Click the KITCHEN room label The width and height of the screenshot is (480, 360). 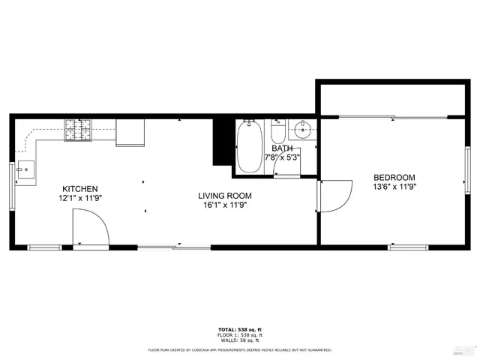tap(79, 188)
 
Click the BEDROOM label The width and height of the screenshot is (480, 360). tap(394, 178)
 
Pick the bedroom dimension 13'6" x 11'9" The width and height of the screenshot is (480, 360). tap(394, 187)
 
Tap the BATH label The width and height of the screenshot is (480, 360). tap(282, 148)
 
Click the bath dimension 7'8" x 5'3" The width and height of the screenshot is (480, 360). tap(282, 157)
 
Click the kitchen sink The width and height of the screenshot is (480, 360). tap(25, 169)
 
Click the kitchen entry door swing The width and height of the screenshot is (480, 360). tap(88, 227)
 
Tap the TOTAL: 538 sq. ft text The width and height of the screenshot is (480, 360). tap(239, 330)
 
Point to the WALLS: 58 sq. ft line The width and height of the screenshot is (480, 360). tap(239, 341)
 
